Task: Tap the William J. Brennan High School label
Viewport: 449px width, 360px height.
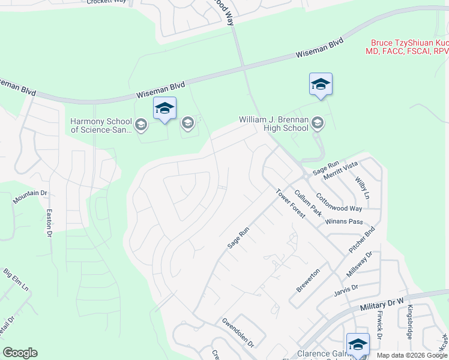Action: tap(273, 124)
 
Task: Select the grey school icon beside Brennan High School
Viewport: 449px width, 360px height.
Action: tap(318, 124)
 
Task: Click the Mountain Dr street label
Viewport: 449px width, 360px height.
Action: tap(30, 194)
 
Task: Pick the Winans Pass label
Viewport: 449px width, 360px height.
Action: tap(345, 221)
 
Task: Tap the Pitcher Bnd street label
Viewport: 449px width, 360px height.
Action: tap(362, 239)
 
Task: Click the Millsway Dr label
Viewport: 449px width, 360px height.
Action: tap(360, 264)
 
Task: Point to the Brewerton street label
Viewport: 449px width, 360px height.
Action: tap(308, 280)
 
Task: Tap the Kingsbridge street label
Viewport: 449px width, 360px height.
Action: tap(410, 322)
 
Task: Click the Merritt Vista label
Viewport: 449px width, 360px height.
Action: tap(340, 168)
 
